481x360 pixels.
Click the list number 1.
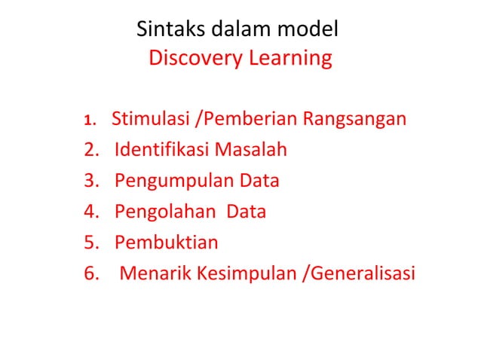point(89,120)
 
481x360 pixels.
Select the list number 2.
point(91,150)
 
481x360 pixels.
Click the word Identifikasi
point(162,150)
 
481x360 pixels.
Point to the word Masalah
point(251,150)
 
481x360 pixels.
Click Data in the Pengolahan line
point(246,212)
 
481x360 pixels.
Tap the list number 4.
point(91,212)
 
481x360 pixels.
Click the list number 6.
point(91,273)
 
